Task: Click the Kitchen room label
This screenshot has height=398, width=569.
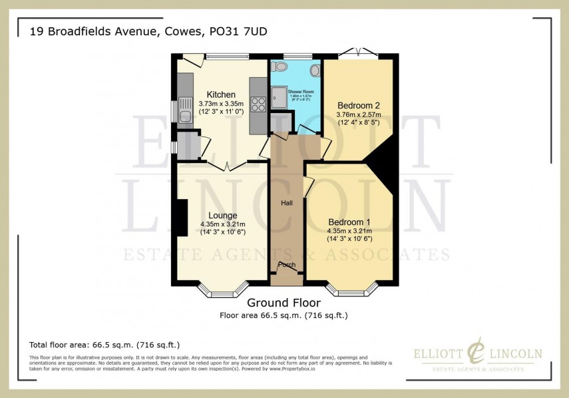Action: (x=220, y=95)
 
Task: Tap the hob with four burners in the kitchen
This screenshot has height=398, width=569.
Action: (x=258, y=105)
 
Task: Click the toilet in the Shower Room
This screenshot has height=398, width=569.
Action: (x=281, y=67)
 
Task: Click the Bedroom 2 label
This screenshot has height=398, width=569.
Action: (x=358, y=106)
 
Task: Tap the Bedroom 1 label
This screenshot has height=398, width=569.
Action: (x=349, y=222)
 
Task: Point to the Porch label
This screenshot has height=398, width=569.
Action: (x=287, y=265)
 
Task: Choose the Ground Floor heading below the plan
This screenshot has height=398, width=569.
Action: (x=284, y=303)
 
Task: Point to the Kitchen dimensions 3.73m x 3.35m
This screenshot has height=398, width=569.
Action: (x=221, y=104)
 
